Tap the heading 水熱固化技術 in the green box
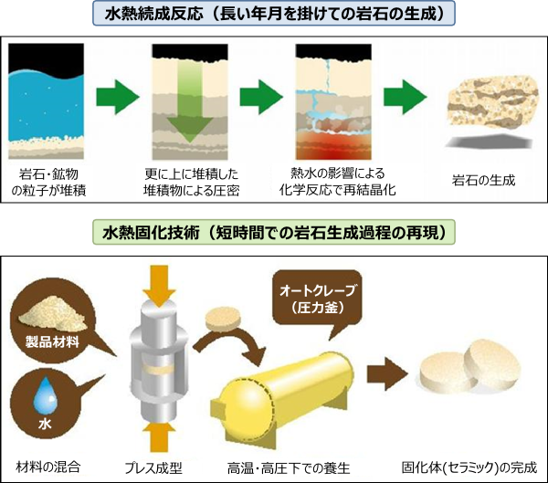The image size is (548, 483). [274, 233]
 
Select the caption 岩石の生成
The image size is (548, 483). [484, 181]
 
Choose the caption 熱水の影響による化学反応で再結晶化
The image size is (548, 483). [338, 181]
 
